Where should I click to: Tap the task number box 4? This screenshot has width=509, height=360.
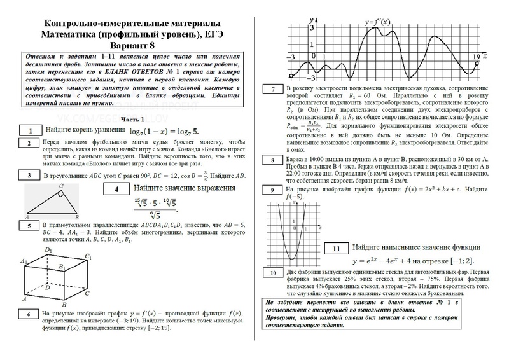[x=116, y=190]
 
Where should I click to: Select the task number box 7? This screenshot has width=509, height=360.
[x=272, y=90]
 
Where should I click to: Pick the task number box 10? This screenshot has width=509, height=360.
[x=272, y=273]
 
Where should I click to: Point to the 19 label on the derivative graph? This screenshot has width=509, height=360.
[x=477, y=57]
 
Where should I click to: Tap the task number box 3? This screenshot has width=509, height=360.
[x=29, y=176]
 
